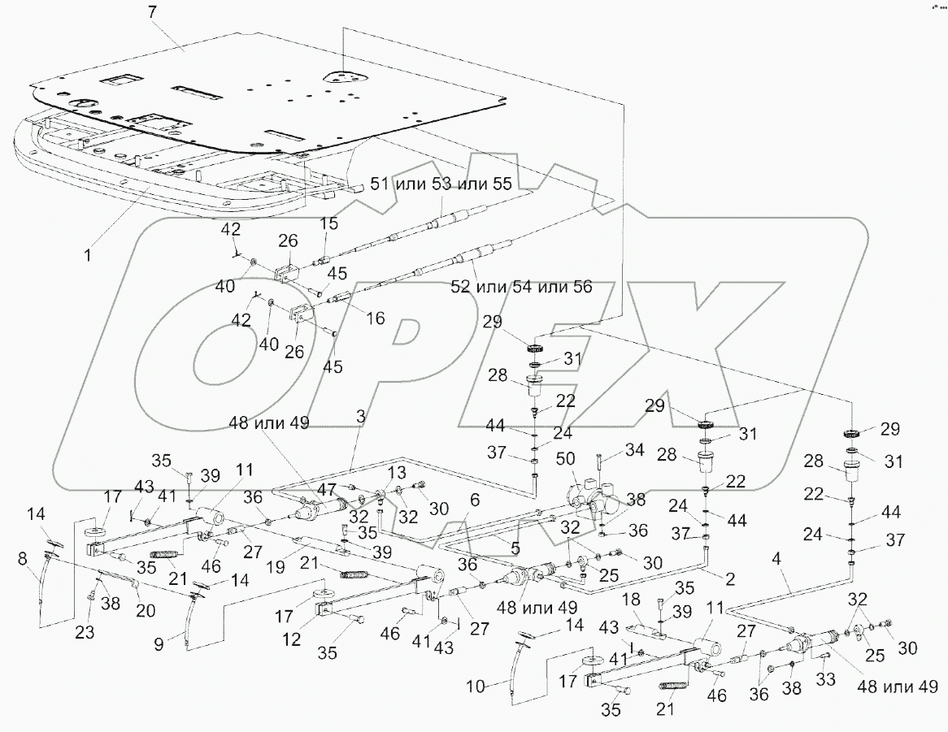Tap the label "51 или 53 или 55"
441,184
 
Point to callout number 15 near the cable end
327,223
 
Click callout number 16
375,318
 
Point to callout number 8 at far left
22,558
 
